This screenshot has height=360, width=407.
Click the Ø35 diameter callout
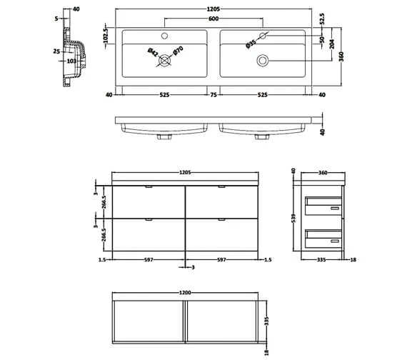251,42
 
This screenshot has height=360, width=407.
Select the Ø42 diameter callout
153,51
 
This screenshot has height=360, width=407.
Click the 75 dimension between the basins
213,94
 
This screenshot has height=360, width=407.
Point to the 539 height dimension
293,218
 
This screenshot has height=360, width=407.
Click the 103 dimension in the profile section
71,62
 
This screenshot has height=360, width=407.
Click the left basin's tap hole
164,36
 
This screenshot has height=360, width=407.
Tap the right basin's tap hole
263,36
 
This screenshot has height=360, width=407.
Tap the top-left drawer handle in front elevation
148,188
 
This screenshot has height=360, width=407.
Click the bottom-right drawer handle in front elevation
221,219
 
